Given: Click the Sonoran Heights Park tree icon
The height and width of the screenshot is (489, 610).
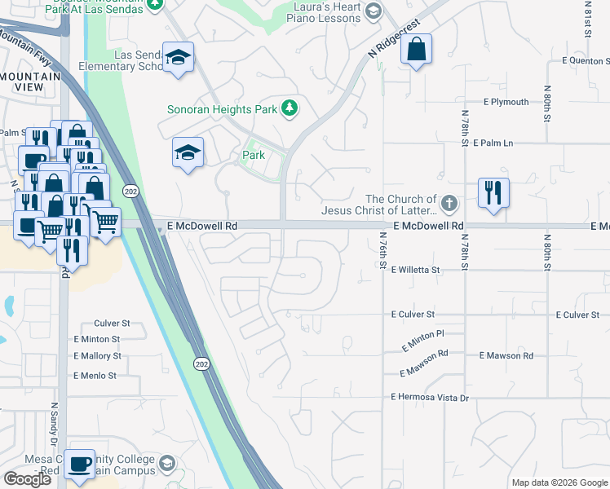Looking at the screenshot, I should pos(289,108).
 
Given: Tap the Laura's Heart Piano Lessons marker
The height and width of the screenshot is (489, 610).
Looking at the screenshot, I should pos(374,11).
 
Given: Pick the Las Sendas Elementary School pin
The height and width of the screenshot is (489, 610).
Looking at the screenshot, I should pos(178,57).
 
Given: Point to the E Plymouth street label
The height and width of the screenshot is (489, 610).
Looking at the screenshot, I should pos(506,102).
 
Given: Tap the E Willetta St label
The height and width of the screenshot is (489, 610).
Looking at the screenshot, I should pos(415,270).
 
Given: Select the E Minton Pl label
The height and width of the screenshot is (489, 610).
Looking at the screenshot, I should pos(422,341).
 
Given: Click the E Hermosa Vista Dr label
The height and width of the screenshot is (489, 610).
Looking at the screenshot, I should pos(430,397).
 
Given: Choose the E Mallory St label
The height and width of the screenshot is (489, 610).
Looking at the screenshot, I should pos(97,356).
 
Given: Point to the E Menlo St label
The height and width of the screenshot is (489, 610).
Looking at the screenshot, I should pos(95,376).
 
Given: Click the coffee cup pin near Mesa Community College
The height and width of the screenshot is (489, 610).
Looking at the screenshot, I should pos(79,465).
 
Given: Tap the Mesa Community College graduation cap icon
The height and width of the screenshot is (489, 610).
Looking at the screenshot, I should pos(167,464).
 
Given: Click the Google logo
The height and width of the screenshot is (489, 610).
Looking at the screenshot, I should pos(27,479).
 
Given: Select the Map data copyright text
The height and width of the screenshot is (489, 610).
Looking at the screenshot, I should pos(559,482).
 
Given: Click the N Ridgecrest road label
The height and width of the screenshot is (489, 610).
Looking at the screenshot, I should pos(398,37).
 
